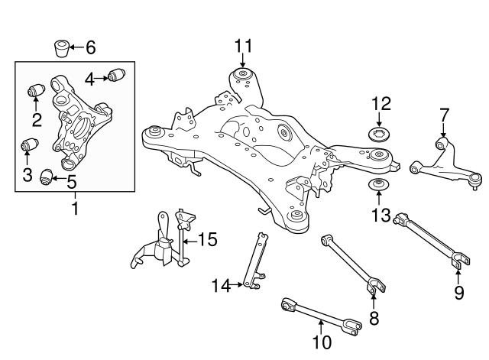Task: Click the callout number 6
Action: pos(90,48)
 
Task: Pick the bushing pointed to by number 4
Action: pos(117,75)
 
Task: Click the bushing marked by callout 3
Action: pos(31,144)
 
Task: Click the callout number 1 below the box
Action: pos(74,206)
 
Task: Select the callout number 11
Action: pos(242,47)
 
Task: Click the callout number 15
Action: pos(206,240)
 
